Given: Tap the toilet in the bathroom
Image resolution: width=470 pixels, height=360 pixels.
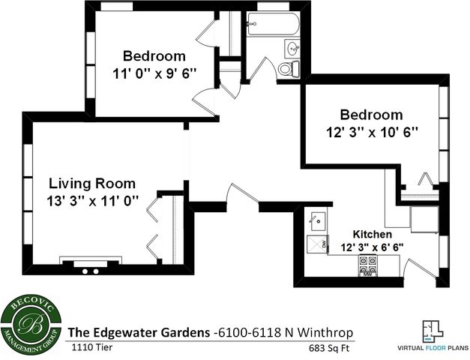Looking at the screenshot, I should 285,70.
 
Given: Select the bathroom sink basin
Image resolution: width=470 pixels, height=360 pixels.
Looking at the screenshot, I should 293,49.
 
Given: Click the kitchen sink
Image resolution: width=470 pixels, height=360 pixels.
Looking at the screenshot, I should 317,221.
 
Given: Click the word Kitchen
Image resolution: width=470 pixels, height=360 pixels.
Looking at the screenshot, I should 373,235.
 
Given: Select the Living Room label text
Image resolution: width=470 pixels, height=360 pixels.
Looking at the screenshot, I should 92,183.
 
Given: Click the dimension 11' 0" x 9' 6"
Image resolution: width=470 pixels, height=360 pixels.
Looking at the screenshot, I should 154,73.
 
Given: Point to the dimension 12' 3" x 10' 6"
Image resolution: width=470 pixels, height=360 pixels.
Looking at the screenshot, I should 371,131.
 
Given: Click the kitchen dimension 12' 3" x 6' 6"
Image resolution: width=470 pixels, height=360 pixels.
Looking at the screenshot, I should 373,247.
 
